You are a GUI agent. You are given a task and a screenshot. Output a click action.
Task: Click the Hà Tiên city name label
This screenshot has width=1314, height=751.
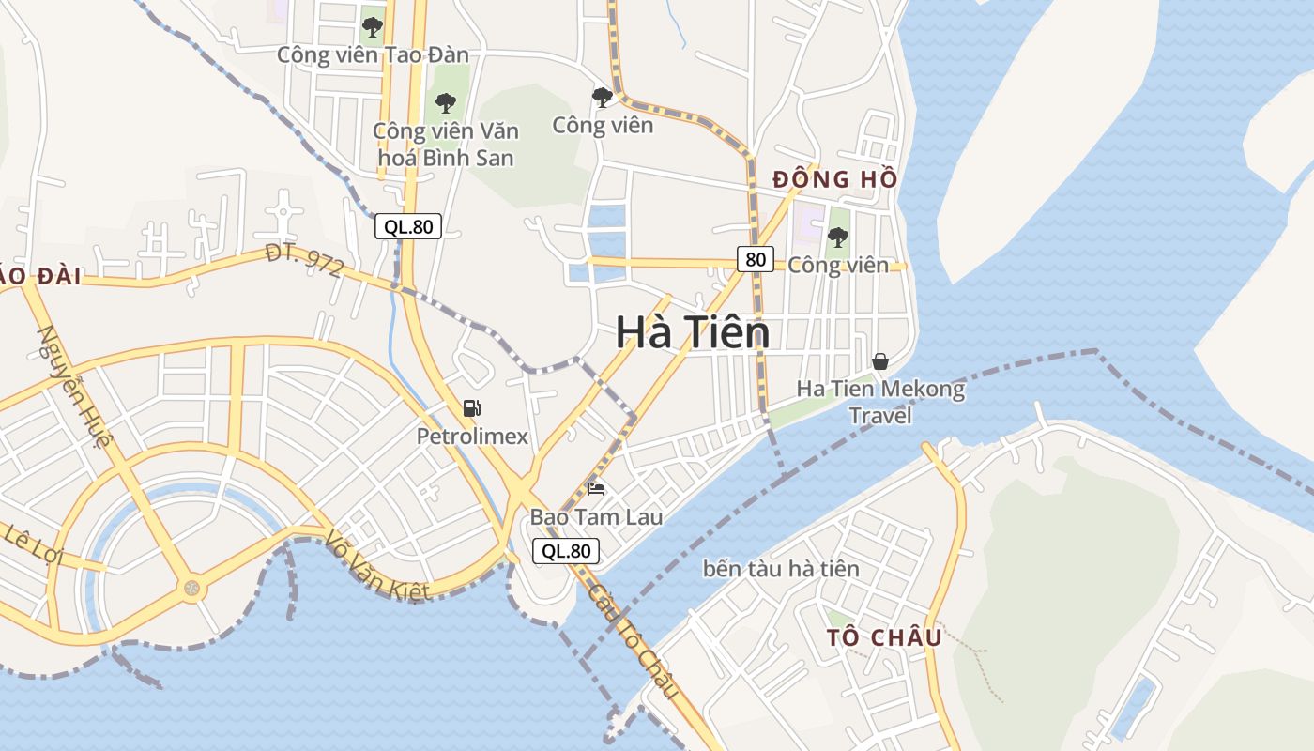[693, 333]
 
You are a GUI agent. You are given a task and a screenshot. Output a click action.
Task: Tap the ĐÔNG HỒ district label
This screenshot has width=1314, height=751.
[834, 179]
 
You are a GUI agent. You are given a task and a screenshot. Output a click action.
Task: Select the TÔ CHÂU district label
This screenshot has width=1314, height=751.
[884, 637]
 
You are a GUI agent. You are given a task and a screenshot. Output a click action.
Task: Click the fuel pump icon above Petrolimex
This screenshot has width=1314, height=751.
[472, 408]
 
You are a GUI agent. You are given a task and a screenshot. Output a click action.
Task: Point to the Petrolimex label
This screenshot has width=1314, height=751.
[472, 437]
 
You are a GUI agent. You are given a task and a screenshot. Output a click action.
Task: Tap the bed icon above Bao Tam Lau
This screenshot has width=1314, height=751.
[596, 488]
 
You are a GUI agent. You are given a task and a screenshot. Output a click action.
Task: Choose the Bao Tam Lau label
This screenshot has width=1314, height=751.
[596, 517]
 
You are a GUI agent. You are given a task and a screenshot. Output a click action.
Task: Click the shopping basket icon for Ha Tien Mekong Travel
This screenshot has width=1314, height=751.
[880, 360]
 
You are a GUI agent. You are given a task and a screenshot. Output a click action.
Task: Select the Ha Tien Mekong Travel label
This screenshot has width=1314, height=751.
[880, 401]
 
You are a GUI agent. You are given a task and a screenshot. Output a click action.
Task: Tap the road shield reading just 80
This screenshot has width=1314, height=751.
[756, 259]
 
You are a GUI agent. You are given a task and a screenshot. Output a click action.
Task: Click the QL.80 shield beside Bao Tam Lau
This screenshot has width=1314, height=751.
[566, 551]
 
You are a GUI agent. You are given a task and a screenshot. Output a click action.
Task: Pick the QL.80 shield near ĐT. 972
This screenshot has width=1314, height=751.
[408, 226]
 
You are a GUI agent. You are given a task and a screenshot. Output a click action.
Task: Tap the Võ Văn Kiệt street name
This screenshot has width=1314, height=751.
[377, 566]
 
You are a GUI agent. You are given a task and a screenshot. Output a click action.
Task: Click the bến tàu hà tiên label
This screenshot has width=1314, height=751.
[780, 569]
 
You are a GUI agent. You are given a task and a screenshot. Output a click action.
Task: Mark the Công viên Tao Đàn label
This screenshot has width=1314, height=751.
[372, 54]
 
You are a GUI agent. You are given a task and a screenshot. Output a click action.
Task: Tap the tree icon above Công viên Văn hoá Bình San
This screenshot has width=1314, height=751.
[445, 101]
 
